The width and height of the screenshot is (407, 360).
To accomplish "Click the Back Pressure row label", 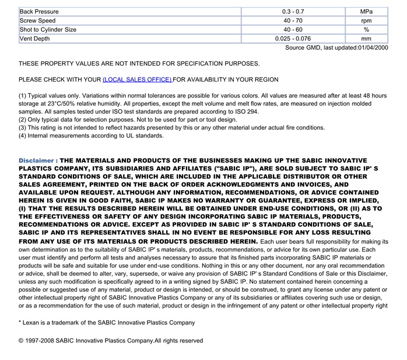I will pyautogui.click(x=39, y=12).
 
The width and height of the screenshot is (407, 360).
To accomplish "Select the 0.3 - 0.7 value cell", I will pyautogui.click(x=293, y=12).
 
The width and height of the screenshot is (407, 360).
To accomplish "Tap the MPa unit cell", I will pyautogui.click(x=366, y=12).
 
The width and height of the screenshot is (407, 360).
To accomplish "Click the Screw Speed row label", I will pyautogui.click(x=38, y=21).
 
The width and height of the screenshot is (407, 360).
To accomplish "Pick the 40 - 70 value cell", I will pyautogui.click(x=293, y=21).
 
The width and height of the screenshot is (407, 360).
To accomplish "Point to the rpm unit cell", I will pyautogui.click(x=366, y=21).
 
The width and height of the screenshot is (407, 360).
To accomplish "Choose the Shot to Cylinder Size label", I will pyautogui.click(x=48, y=30).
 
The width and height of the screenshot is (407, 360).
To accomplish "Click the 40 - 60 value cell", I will pyautogui.click(x=293, y=30).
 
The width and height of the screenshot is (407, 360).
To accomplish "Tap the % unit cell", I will pyautogui.click(x=366, y=30).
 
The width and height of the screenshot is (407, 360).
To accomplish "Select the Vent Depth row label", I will pyautogui.click(x=35, y=39).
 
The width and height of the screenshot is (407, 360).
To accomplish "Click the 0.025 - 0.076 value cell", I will pyautogui.click(x=293, y=39).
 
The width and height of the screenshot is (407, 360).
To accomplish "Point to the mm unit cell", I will pyautogui.click(x=366, y=39).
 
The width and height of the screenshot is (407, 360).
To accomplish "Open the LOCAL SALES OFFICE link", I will pyautogui.click(x=137, y=79).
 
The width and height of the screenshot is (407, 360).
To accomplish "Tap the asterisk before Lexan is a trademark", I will pyautogui.click(x=20, y=323).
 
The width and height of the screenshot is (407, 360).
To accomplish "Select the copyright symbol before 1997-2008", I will pyautogui.click(x=21, y=341).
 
